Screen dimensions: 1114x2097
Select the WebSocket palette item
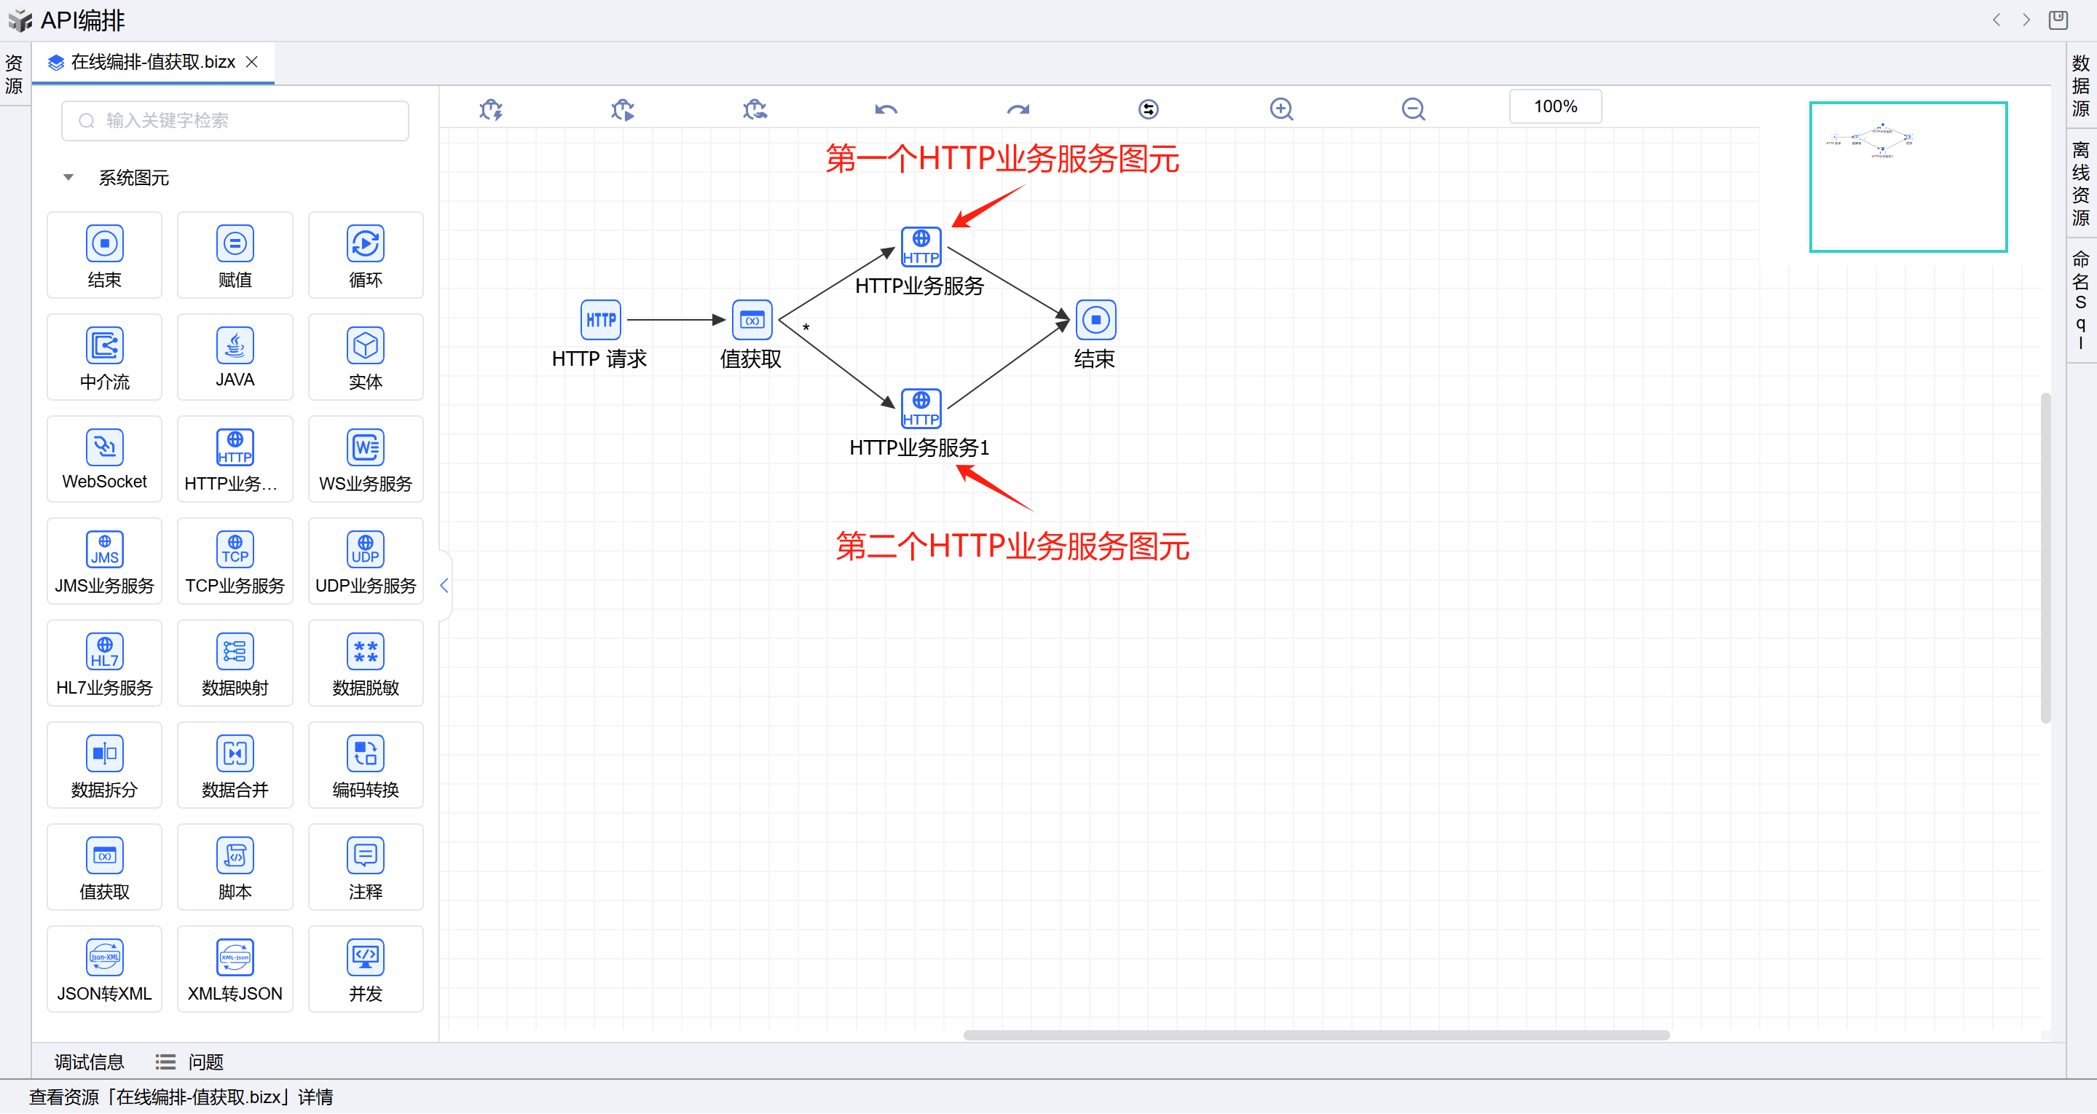(x=104, y=458)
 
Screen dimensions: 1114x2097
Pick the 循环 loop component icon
(x=365, y=243)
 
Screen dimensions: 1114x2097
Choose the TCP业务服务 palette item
(x=235, y=560)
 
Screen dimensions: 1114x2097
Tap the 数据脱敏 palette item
(x=365, y=662)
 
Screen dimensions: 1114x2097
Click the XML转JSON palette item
(x=235, y=968)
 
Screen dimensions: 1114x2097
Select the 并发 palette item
(x=365, y=968)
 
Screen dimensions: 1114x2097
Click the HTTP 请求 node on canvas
(x=601, y=320)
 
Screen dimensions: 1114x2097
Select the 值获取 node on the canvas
(x=752, y=320)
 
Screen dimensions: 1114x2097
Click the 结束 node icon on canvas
(x=1095, y=320)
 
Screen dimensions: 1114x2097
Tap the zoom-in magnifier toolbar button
(x=1281, y=109)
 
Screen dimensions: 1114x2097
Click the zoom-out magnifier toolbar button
(x=1413, y=109)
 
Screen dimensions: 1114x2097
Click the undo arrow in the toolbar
(x=886, y=109)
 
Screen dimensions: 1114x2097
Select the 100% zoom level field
(x=1555, y=106)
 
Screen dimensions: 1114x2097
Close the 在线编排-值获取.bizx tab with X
(x=251, y=62)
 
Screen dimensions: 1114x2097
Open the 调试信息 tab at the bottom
(x=89, y=1061)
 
